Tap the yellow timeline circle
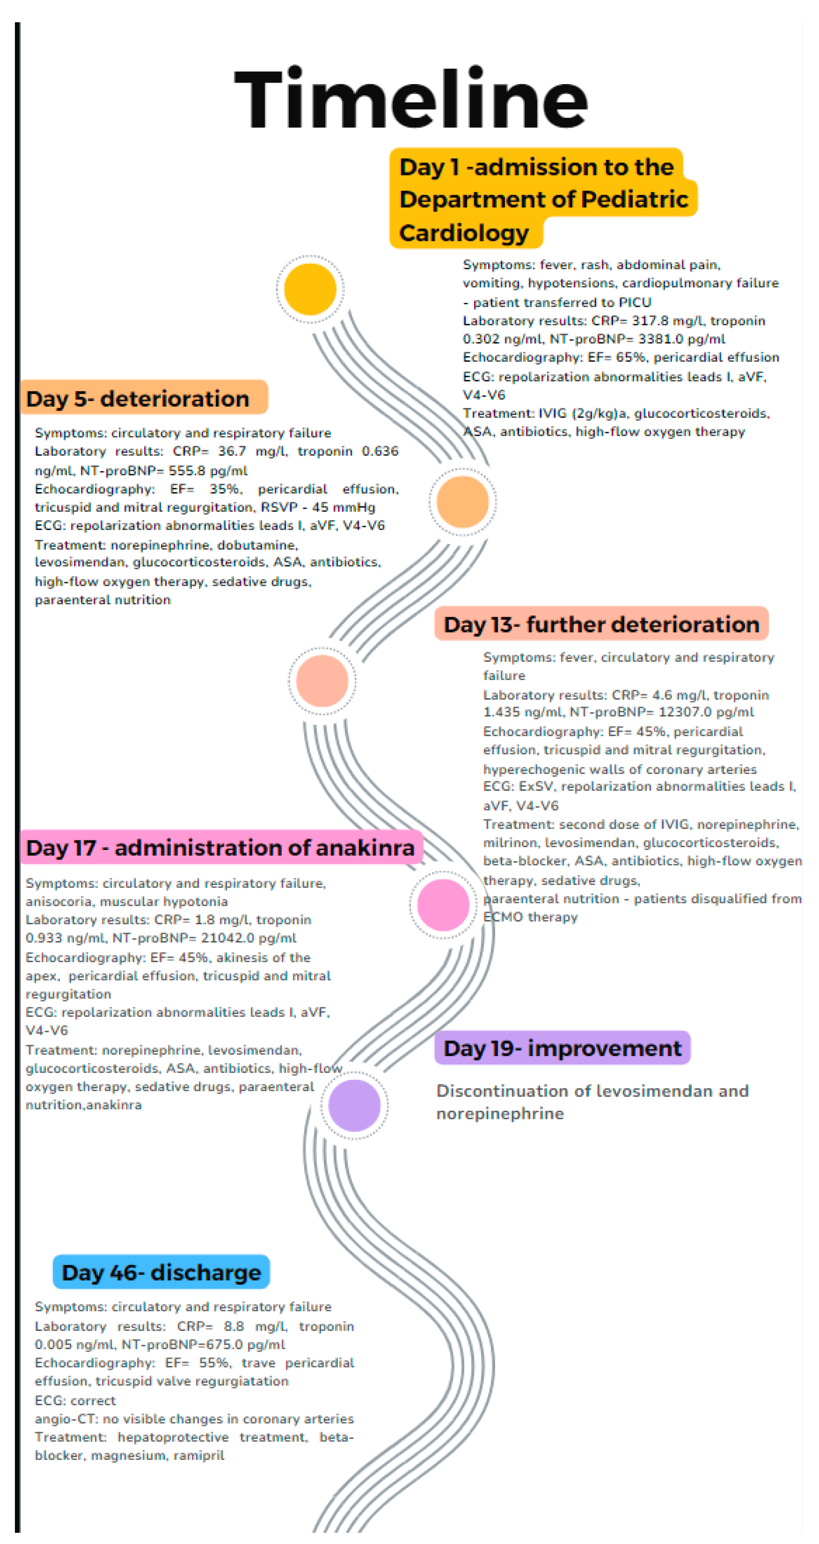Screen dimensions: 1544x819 click(310, 289)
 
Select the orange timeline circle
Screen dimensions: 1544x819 click(462, 502)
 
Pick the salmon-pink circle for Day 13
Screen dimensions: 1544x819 click(322, 681)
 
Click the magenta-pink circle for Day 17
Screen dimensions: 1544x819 click(443, 905)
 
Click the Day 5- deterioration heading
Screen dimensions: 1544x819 click(138, 399)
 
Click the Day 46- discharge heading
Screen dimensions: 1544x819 click(161, 1272)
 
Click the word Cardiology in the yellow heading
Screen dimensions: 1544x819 click(464, 232)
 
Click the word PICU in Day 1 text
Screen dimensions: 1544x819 click(635, 302)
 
